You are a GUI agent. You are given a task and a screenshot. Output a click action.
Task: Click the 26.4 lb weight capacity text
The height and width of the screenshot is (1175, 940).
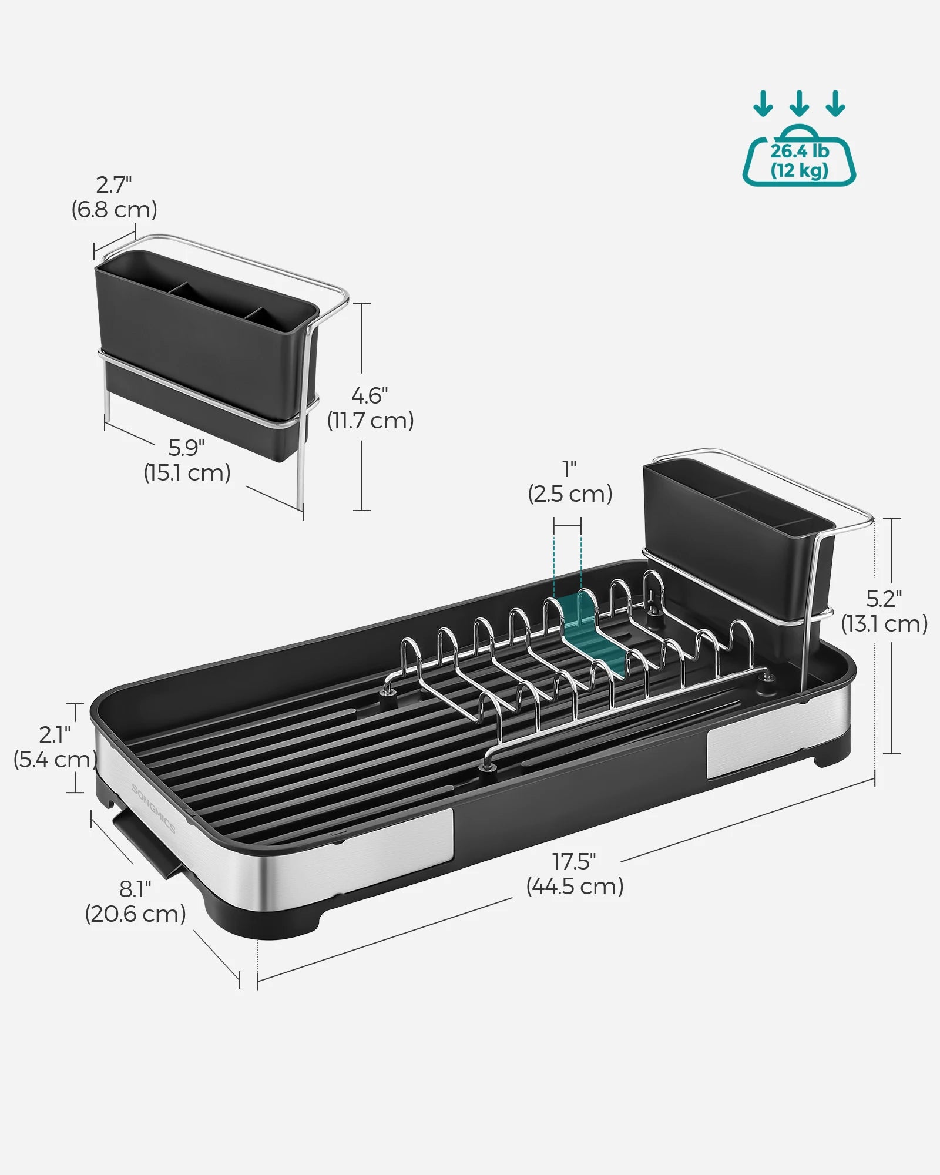(x=799, y=152)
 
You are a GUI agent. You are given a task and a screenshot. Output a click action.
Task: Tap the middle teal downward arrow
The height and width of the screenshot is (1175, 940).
(x=799, y=104)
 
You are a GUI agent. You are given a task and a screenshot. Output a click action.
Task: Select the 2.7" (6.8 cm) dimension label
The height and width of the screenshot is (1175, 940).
(x=115, y=197)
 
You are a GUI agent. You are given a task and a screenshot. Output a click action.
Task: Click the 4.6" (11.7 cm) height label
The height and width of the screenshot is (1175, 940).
(x=370, y=408)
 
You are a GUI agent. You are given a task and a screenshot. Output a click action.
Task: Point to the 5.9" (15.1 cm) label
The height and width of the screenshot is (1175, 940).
(x=187, y=460)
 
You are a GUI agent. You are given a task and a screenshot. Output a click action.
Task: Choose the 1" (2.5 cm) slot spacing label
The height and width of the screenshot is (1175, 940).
(x=570, y=482)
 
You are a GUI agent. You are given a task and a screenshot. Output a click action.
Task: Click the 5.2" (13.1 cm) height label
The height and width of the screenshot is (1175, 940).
(x=884, y=611)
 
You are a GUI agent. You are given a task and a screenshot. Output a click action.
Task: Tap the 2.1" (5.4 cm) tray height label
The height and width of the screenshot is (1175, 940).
(x=55, y=747)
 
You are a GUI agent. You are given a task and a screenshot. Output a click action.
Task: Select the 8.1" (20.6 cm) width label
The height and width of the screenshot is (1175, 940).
(x=136, y=902)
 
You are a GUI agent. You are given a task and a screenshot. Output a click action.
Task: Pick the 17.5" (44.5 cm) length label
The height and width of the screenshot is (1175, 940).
(x=575, y=874)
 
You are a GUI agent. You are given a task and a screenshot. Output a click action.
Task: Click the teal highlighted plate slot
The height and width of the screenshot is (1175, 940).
(x=593, y=632)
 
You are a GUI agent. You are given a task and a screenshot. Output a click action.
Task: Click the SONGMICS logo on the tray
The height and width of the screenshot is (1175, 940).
(x=153, y=808)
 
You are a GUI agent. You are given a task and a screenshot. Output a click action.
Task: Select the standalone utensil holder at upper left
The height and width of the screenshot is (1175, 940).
(x=206, y=347)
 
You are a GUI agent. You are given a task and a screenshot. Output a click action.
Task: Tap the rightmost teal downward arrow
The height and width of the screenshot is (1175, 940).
(x=835, y=104)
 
